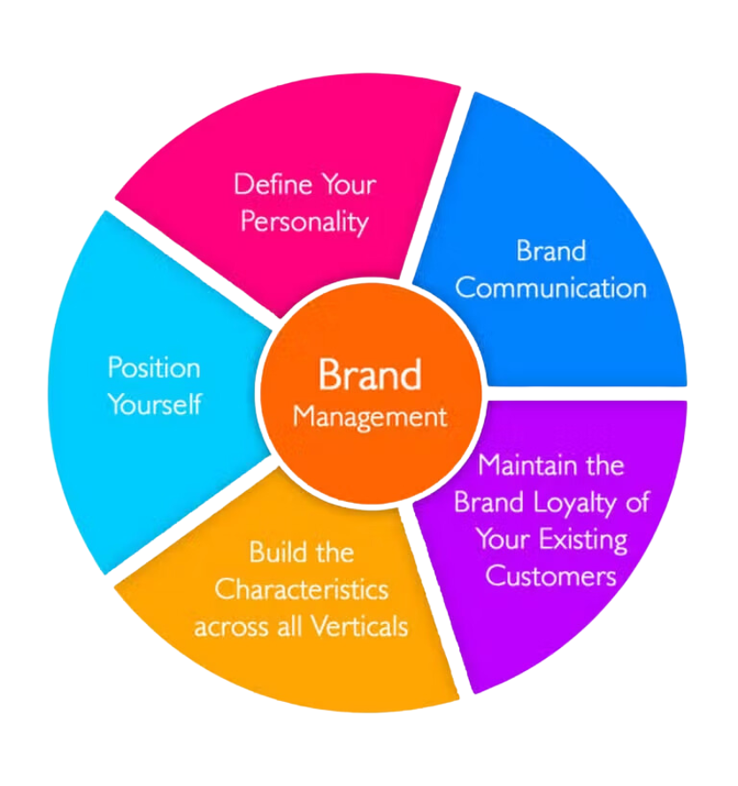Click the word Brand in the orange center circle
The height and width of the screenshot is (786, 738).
(x=370, y=374)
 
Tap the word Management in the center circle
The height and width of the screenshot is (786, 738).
(x=370, y=416)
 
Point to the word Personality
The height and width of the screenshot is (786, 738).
(x=304, y=221)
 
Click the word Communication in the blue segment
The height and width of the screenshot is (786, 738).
(x=550, y=289)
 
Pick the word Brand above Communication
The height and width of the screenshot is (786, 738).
(x=550, y=251)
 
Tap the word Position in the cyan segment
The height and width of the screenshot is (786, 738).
(x=154, y=367)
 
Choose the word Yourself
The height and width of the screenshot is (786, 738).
(x=154, y=405)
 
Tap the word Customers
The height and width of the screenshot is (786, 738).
(x=550, y=575)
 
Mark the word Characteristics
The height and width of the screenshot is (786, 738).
(x=302, y=589)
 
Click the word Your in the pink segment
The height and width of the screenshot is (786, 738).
(x=347, y=185)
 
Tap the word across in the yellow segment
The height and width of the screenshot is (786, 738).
(x=227, y=627)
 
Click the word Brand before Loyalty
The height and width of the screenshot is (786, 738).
(x=490, y=502)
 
